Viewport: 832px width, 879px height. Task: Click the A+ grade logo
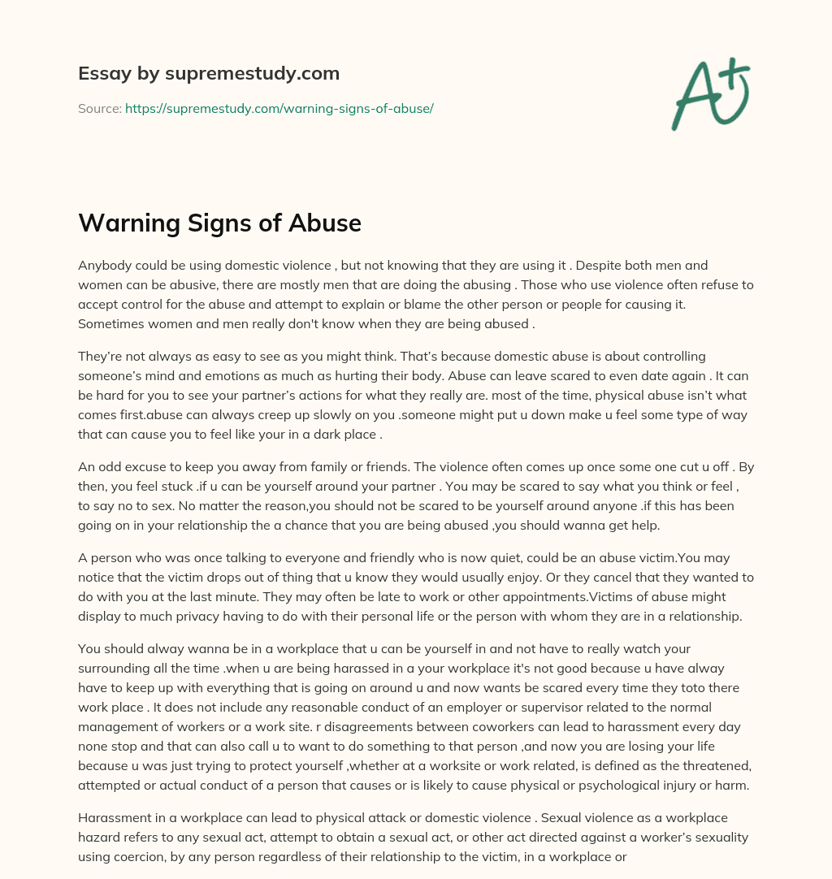coord(709,93)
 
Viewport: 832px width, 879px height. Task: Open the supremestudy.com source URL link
coord(279,108)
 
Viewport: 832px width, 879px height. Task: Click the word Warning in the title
coord(124,222)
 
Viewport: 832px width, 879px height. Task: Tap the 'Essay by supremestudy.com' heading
coord(209,73)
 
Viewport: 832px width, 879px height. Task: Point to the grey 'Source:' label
coord(100,108)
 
